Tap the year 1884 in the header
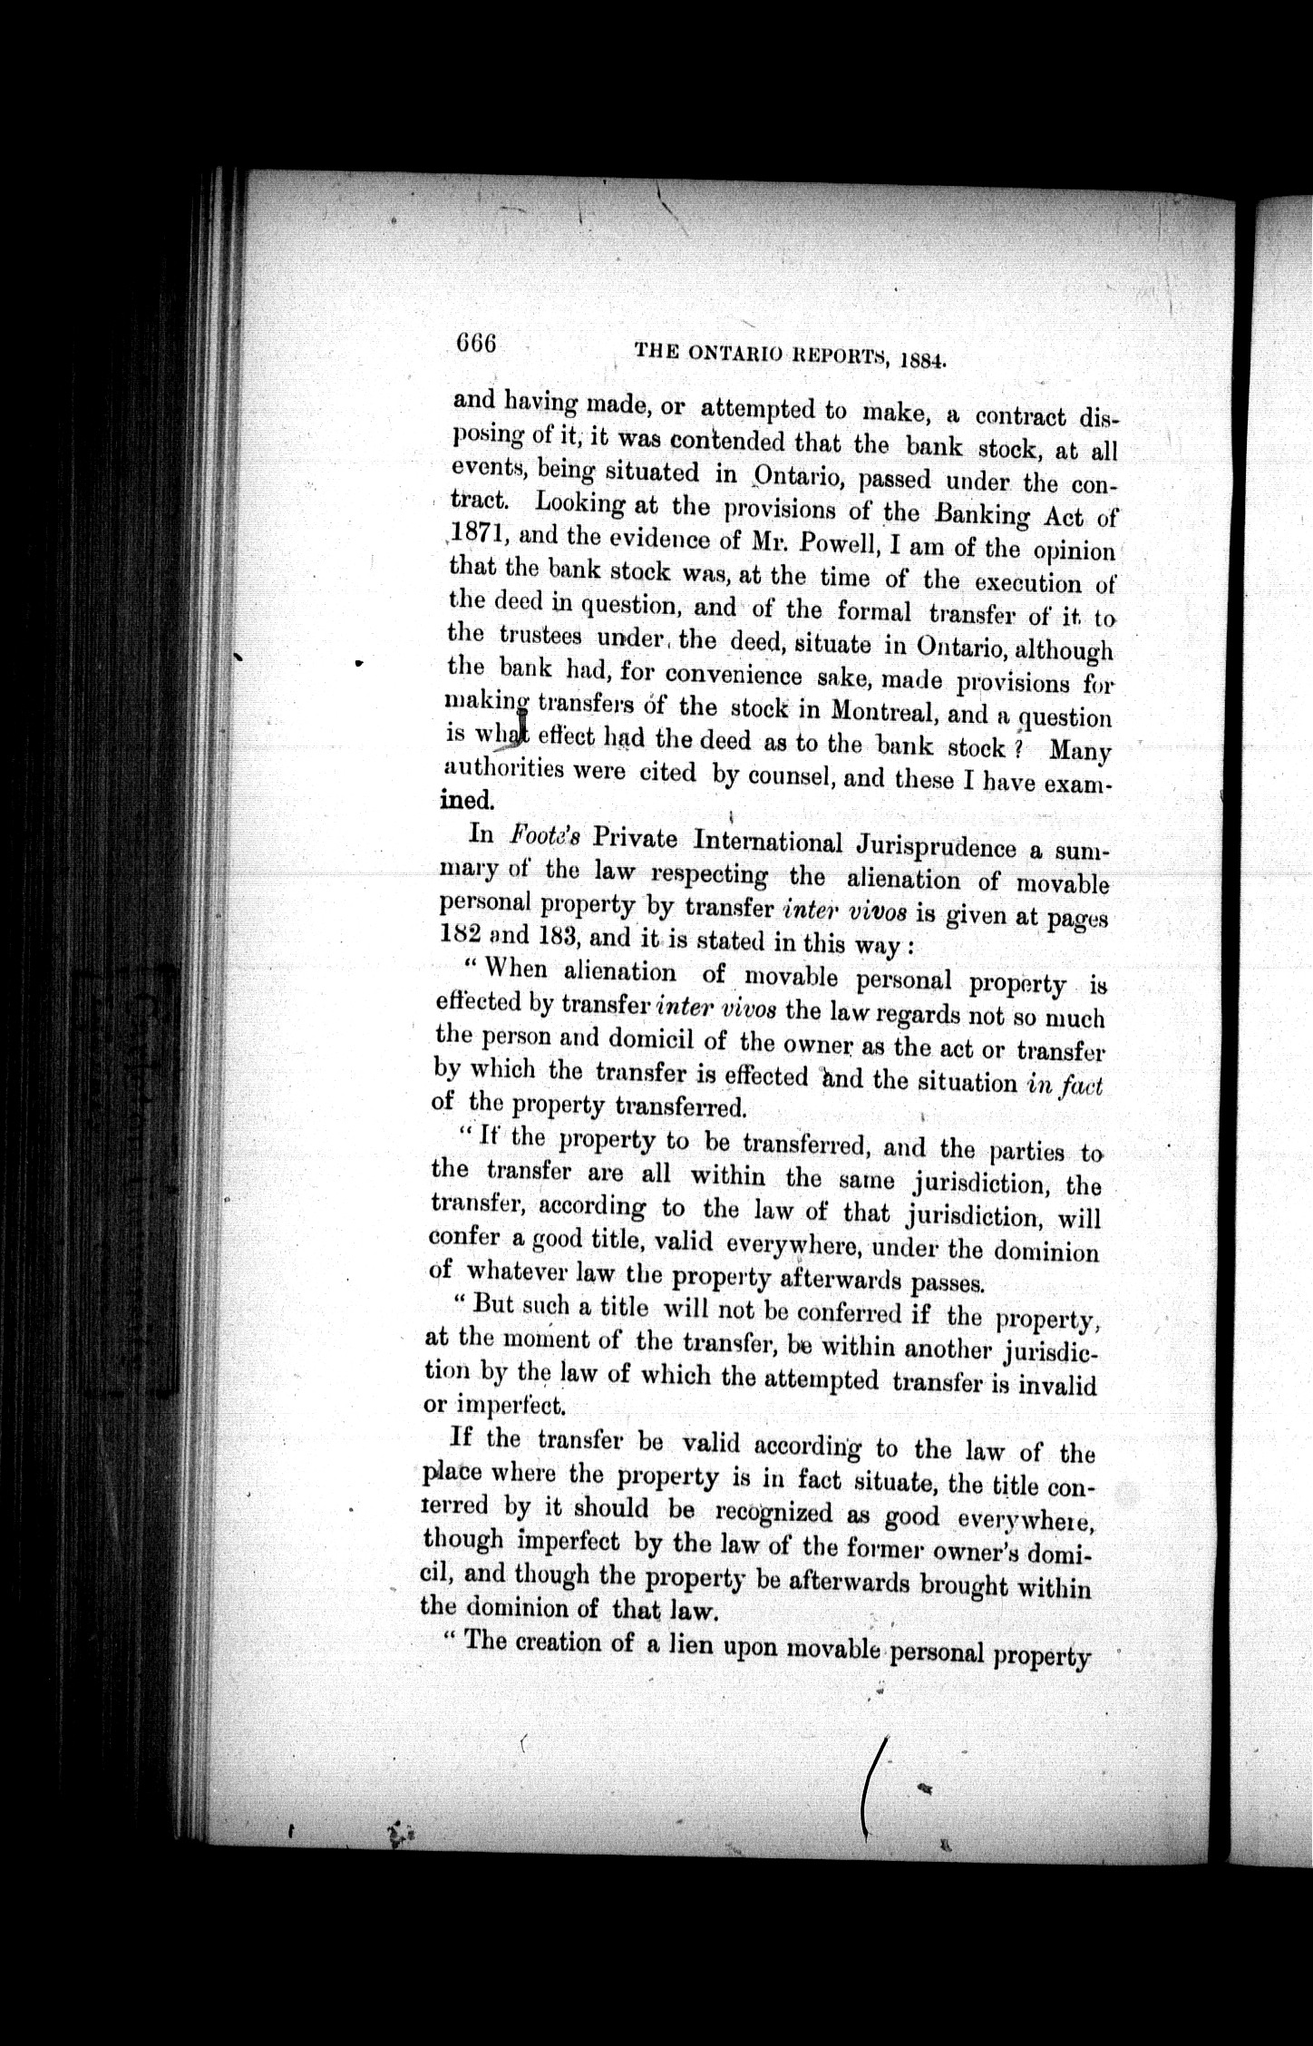923,361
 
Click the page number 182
459,934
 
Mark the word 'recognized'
773,1512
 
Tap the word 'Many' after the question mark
1079,752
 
